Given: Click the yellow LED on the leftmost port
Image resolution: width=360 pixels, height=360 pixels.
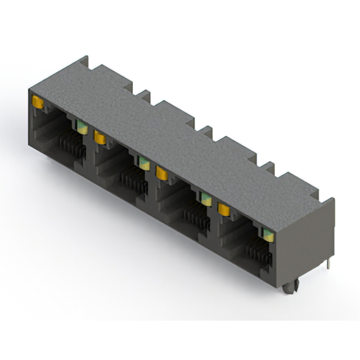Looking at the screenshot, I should coord(38,102).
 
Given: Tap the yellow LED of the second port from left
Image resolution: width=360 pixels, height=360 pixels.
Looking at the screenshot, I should coord(100,137).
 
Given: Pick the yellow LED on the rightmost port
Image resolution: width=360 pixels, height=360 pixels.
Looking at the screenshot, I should coord(224,209).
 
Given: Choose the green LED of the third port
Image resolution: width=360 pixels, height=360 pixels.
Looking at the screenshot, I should coord(206,198).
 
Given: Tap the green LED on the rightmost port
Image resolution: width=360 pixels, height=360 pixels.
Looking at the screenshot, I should coord(267,234).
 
